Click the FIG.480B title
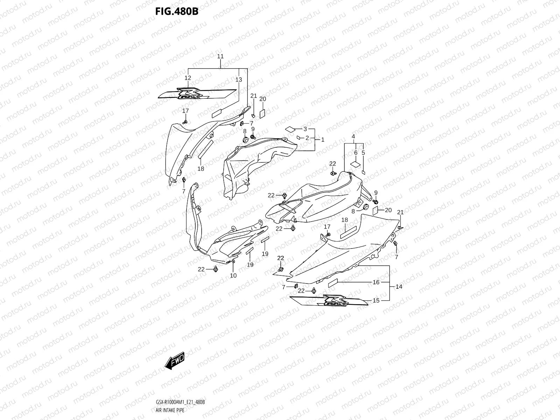[x=177, y=11]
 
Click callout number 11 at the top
[x=220, y=56]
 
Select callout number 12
[x=188, y=78]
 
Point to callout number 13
[x=239, y=80]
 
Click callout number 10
[x=233, y=275]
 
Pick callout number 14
[x=399, y=287]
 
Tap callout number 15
[x=376, y=300]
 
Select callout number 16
[x=376, y=282]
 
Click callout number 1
[x=323, y=139]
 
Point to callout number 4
[x=353, y=136]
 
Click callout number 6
[x=356, y=153]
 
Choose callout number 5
[x=363, y=153]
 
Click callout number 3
[x=305, y=129]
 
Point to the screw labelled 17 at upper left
[x=185, y=121]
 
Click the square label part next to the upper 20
[x=262, y=113]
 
